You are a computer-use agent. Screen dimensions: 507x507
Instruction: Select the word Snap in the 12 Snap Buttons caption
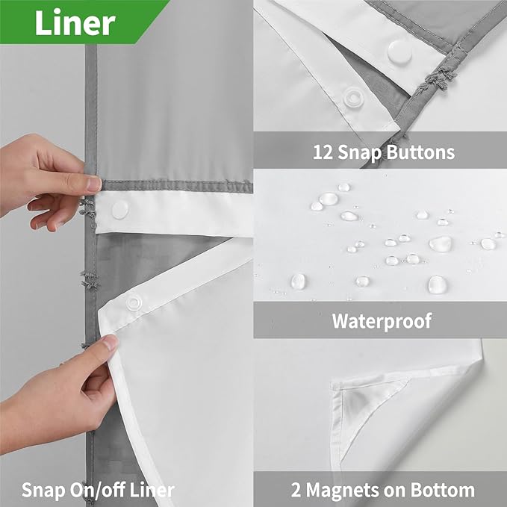pyautogui.click(x=364, y=152)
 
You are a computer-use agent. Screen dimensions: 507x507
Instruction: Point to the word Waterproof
pyautogui.click(x=382, y=321)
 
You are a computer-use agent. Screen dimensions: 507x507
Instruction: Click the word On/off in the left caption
pyautogui.click(x=100, y=491)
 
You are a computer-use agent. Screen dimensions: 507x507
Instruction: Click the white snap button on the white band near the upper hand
pyautogui.click(x=119, y=210)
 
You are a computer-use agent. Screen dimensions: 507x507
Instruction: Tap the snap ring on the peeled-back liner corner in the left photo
pyautogui.click(x=134, y=302)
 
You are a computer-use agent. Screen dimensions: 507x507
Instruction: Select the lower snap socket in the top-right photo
pyautogui.click(x=352, y=96)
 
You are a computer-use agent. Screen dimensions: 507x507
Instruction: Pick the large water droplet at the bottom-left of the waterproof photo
pyautogui.click(x=298, y=281)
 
